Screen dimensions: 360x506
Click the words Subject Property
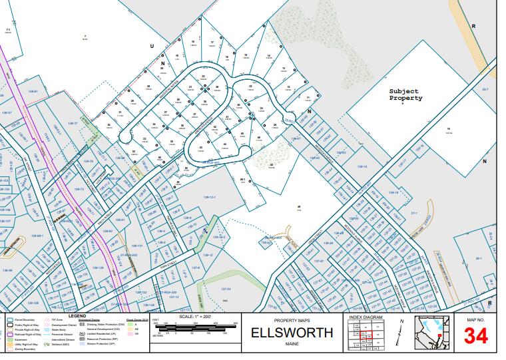point(405,94)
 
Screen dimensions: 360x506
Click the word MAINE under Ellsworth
point(292,343)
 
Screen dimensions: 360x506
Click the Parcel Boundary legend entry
point(22,320)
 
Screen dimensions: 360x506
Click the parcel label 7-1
point(9,30)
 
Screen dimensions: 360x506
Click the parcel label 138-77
point(73,124)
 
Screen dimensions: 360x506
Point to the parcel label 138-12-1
point(208,198)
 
